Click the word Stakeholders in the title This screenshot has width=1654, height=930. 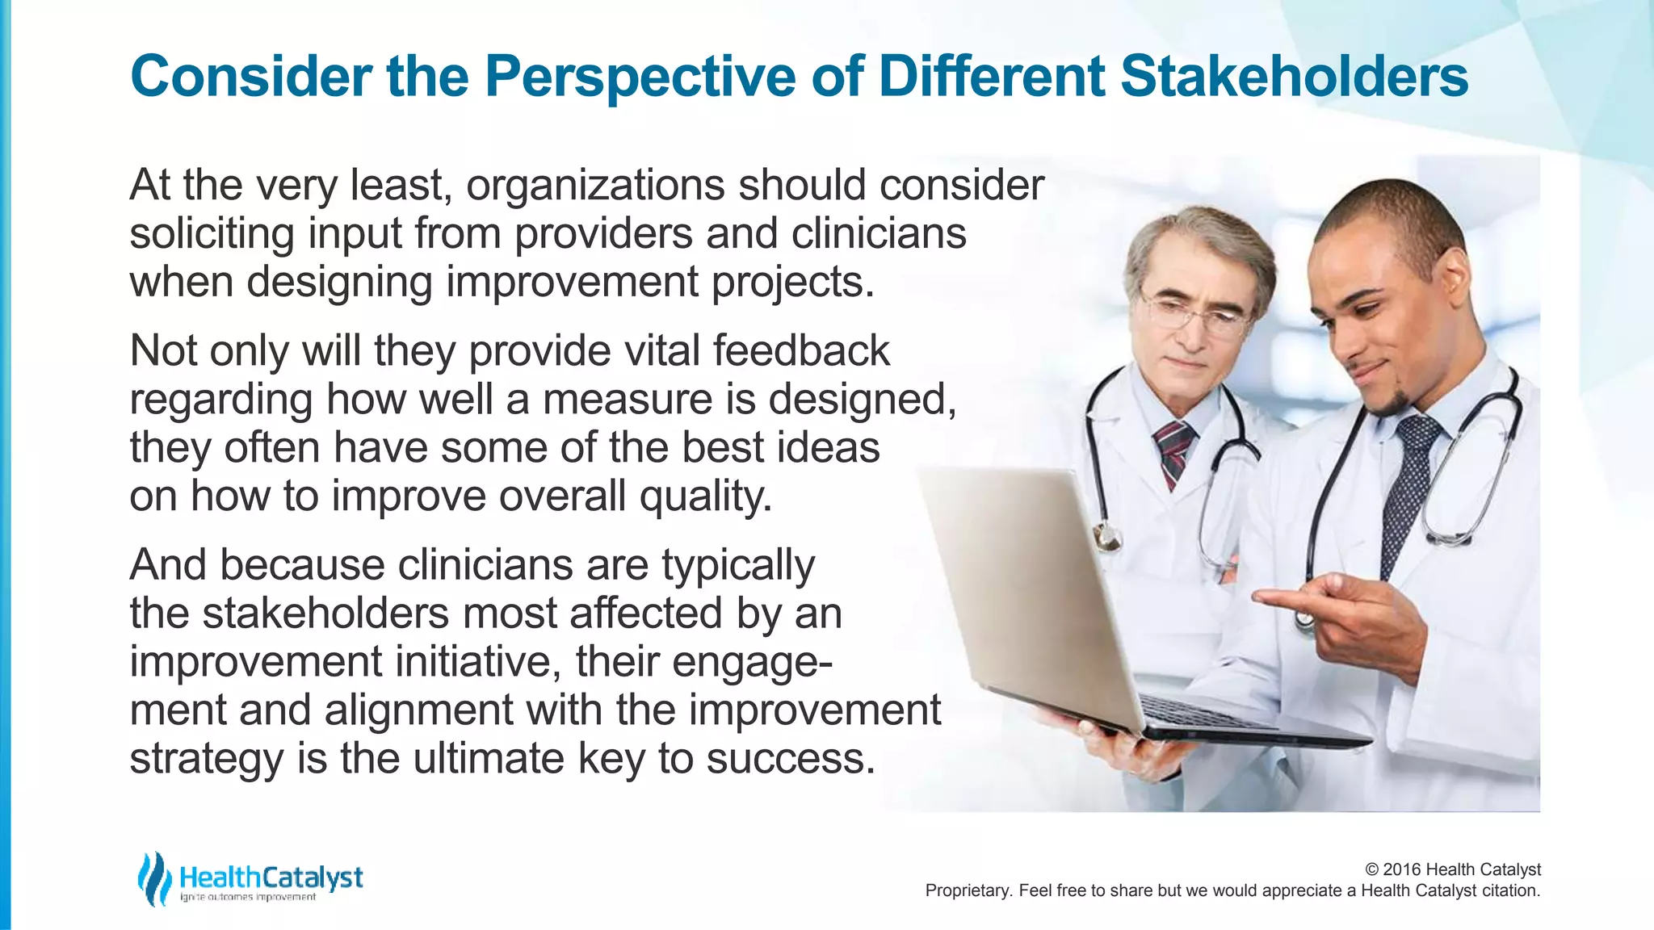1294,77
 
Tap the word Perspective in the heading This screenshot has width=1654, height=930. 640,77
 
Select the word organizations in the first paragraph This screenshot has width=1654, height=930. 594,186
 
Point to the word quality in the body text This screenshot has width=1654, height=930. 704,496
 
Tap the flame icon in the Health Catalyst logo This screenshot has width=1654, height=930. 153,878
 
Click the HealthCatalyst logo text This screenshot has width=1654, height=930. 271,877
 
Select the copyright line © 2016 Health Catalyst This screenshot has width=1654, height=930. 1452,869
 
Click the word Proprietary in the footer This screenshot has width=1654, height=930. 967,891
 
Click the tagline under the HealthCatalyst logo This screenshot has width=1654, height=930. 248,898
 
